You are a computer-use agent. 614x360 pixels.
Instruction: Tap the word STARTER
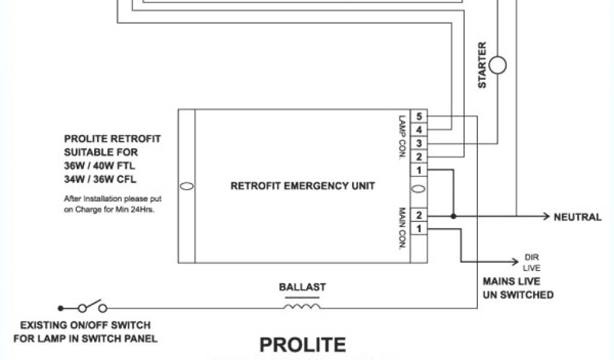[482, 65]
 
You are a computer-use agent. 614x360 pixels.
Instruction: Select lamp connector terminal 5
[419, 116]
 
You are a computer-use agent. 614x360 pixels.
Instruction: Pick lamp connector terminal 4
[419, 130]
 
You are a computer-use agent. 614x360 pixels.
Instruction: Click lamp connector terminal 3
[419, 143]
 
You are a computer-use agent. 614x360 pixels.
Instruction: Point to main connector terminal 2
[419, 215]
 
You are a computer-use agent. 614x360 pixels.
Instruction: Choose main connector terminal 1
[419, 229]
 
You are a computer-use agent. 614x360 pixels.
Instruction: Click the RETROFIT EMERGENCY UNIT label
[303, 186]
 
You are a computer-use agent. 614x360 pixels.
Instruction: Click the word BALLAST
[302, 287]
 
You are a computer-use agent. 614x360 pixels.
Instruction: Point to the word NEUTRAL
[577, 217]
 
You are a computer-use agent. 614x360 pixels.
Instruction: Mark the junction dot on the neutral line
[453, 216]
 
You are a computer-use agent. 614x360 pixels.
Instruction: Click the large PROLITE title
[302, 344]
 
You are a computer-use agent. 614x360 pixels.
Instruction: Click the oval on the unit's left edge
[186, 187]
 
